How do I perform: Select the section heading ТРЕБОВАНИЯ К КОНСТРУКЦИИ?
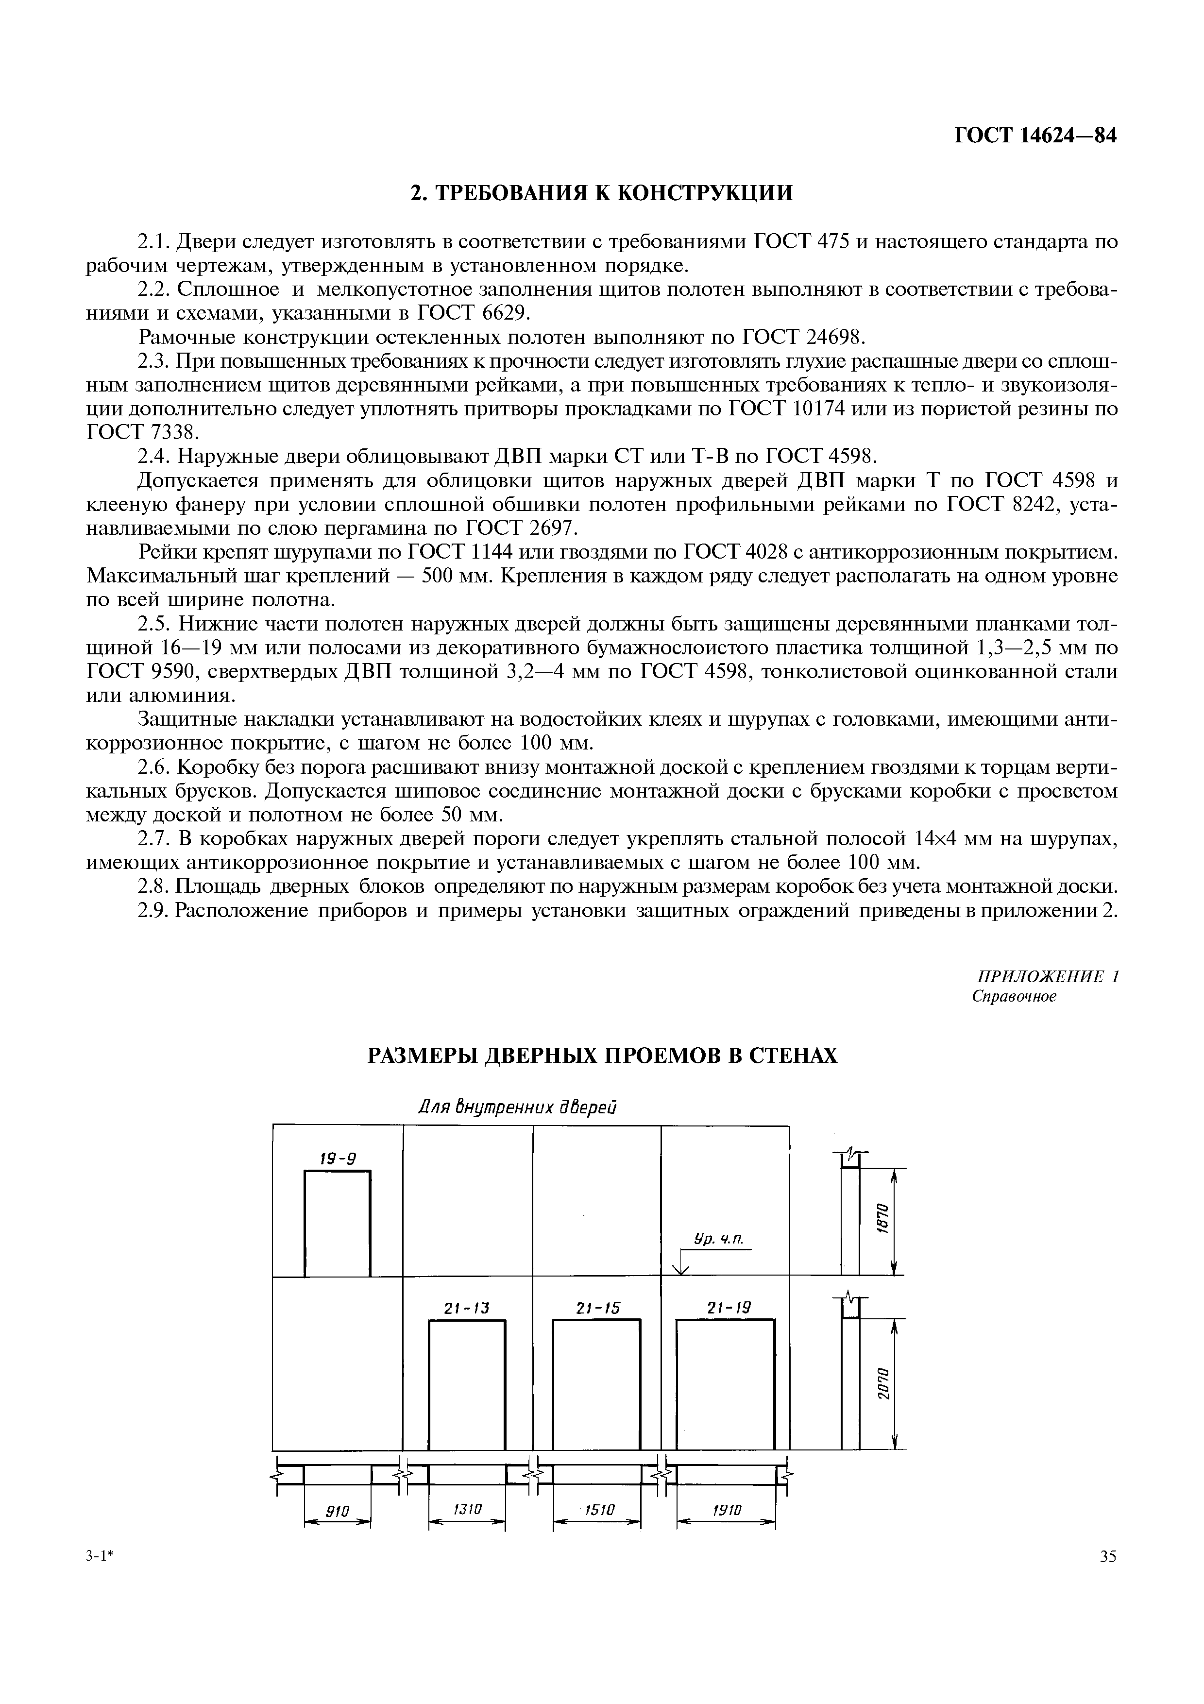(x=602, y=193)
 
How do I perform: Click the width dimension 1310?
(x=467, y=1510)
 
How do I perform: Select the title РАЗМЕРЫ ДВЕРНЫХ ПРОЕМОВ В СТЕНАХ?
(x=602, y=1056)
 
